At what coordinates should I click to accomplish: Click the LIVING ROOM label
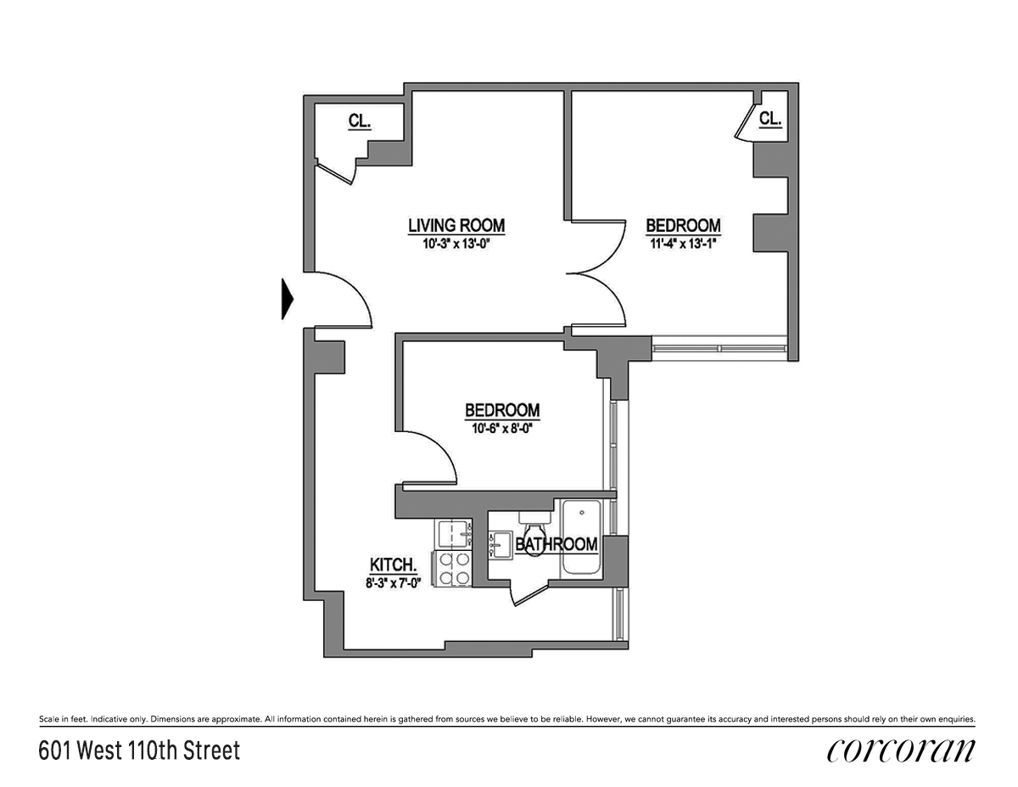coord(456,226)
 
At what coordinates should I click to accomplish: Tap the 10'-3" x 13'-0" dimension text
coord(456,245)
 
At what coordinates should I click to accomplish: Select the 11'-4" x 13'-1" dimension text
coord(683,245)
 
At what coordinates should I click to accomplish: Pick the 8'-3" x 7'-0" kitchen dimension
coord(393,583)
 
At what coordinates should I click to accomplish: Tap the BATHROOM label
coord(557,544)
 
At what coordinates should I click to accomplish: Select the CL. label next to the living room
coord(359,121)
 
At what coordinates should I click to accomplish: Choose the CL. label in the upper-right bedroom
coord(769,119)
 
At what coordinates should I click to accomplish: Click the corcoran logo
coord(900,750)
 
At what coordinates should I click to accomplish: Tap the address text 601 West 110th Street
coord(139,750)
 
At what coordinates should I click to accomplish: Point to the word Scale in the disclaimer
coord(49,720)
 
